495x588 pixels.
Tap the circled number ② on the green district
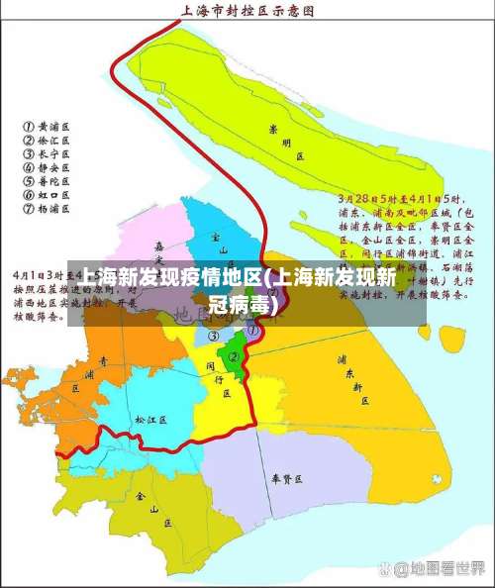pos(235,356)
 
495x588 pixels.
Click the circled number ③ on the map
pos(213,337)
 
